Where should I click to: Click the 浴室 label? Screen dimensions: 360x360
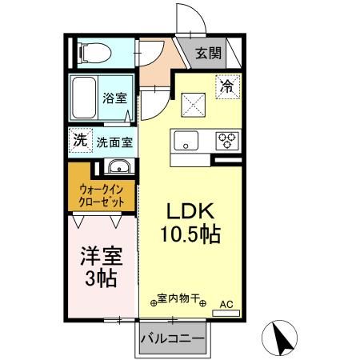coord(114,99)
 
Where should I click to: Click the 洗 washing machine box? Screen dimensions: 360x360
coord(80,139)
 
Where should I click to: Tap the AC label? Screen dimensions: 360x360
coord(226,304)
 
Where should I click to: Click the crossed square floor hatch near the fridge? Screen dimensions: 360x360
coord(193,103)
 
